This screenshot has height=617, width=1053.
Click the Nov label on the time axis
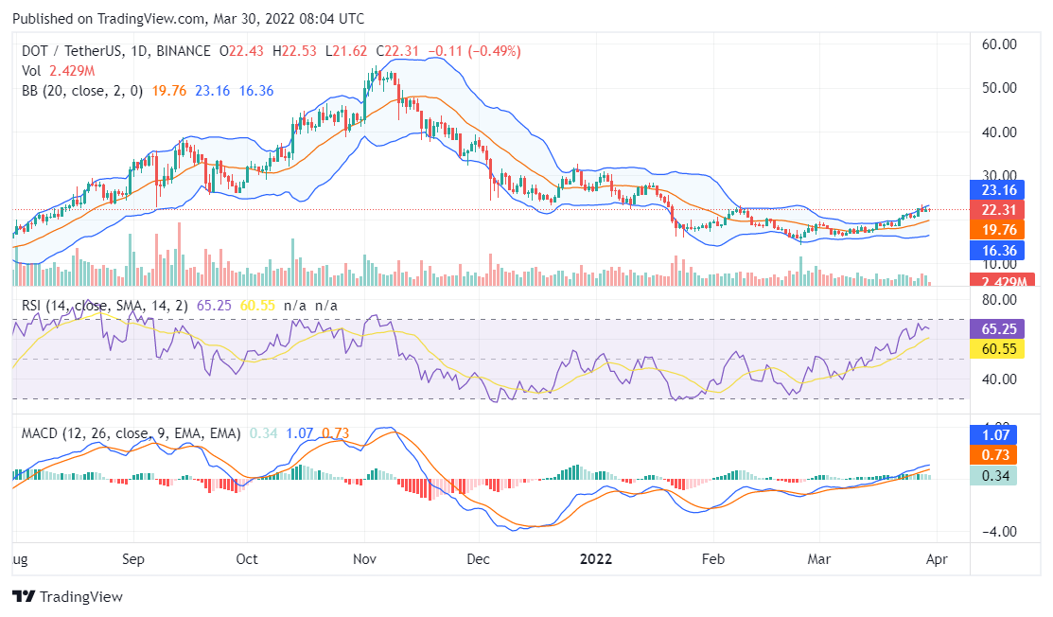tap(364, 558)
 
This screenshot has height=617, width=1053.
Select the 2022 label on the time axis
tap(597, 558)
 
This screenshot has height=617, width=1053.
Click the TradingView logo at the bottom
tap(67, 597)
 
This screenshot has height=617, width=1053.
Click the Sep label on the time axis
tap(133, 558)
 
